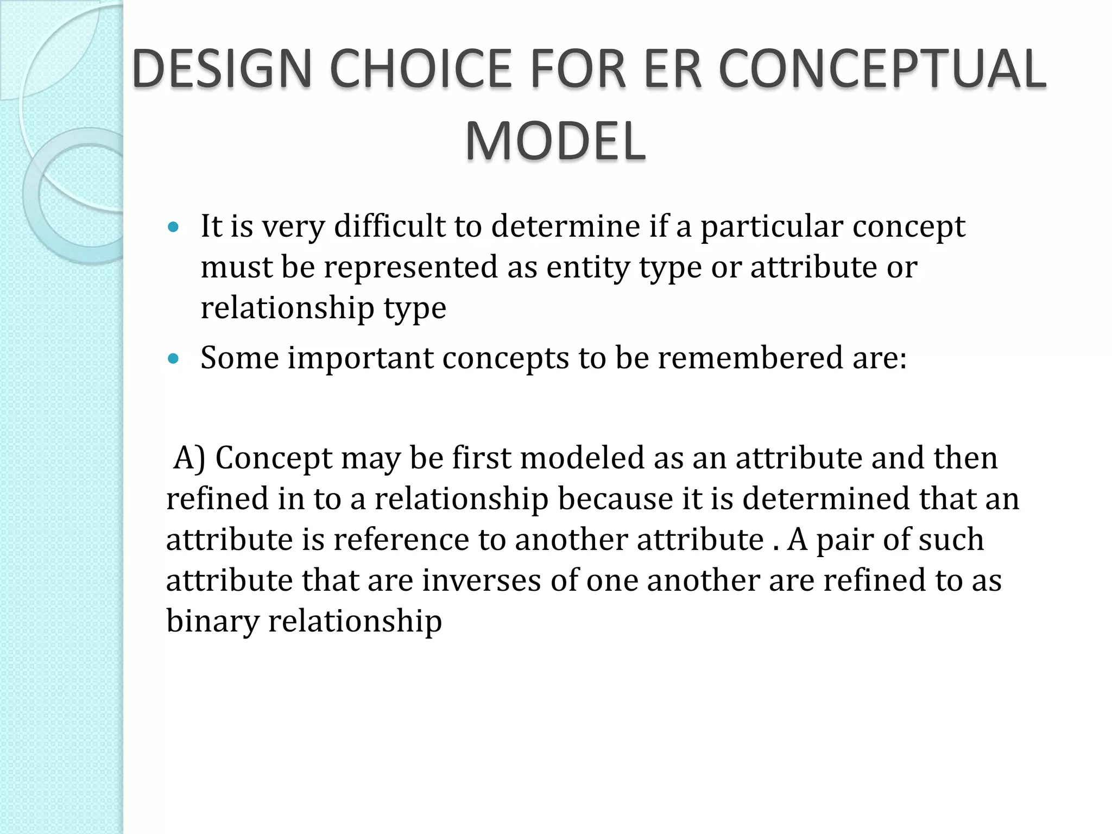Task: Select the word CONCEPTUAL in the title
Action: [882, 69]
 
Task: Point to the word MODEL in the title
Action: [555, 141]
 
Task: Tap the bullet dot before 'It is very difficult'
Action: [173, 227]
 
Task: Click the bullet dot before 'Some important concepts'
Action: [173, 359]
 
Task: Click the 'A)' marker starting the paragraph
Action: [189, 458]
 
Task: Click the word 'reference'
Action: [401, 540]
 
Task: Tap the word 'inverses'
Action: [481, 580]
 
